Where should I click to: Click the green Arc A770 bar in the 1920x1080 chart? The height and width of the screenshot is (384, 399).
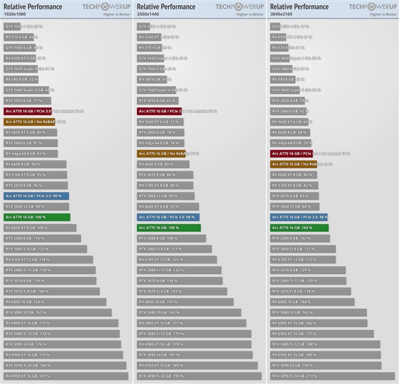point(37,217)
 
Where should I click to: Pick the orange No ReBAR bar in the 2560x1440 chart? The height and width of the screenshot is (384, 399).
point(163,153)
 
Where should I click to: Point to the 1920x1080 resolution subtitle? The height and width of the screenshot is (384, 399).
point(18,13)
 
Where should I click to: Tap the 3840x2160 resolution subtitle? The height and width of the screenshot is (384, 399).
point(284,13)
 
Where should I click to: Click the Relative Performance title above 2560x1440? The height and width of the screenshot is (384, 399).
point(166,6)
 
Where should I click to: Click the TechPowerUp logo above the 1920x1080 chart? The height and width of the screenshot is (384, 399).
point(106,6)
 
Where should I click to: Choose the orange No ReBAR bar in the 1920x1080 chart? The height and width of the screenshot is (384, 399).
point(29,122)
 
